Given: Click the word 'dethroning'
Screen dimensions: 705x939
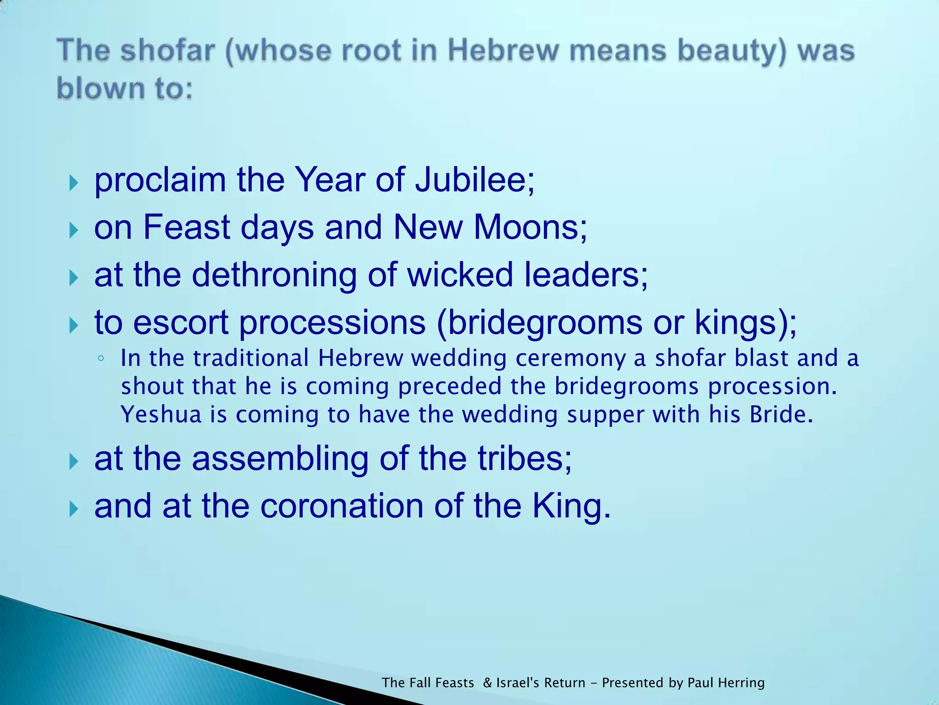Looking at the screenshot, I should tap(274, 275).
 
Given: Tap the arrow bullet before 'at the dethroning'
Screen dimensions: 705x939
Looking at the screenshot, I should tap(73, 278).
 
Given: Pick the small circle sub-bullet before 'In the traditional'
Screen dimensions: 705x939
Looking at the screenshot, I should tap(101, 358).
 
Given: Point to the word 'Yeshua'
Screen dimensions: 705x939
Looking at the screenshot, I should tap(161, 414).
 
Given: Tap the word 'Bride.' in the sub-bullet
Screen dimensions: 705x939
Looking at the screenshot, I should tap(781, 414).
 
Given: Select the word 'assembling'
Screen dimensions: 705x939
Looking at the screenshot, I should tap(280, 459).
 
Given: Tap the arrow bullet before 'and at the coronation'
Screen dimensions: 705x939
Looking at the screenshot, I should tap(73, 509).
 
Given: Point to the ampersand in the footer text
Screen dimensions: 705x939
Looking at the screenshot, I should tap(487, 683).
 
